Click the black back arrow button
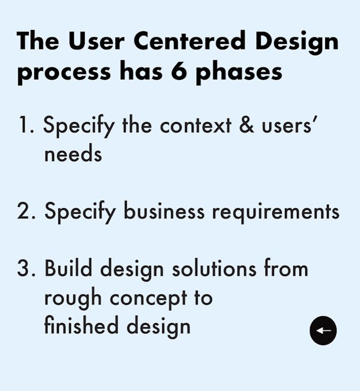point(323,330)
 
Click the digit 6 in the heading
point(179,71)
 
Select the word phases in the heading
point(239,72)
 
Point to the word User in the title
point(96,41)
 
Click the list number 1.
point(26,125)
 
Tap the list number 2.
point(26,211)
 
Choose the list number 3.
point(26,268)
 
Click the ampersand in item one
point(246,125)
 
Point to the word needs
point(73,154)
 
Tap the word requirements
point(275,213)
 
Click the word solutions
point(214,268)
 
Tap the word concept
point(148,300)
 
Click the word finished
point(81,325)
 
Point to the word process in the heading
point(64,73)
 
